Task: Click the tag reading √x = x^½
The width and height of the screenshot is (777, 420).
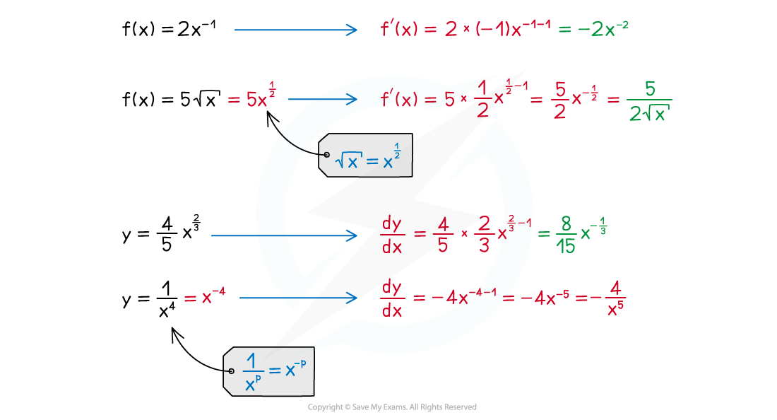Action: click(x=364, y=155)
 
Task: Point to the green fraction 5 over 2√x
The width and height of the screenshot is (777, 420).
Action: click(x=649, y=100)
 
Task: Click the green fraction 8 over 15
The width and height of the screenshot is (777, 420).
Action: click(x=564, y=235)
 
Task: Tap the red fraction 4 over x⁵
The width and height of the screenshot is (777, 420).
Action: click(x=615, y=297)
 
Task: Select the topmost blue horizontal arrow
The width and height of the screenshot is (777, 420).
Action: click(x=296, y=30)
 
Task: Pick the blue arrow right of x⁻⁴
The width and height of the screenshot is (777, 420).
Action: click(x=298, y=298)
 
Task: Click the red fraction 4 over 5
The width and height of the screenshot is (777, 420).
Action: click(x=443, y=235)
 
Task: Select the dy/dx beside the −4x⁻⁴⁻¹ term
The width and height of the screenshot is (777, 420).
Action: click(x=391, y=298)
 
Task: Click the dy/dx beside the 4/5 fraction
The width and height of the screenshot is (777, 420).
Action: click(x=391, y=235)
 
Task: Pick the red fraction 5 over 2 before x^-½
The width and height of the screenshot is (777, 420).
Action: click(x=559, y=100)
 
